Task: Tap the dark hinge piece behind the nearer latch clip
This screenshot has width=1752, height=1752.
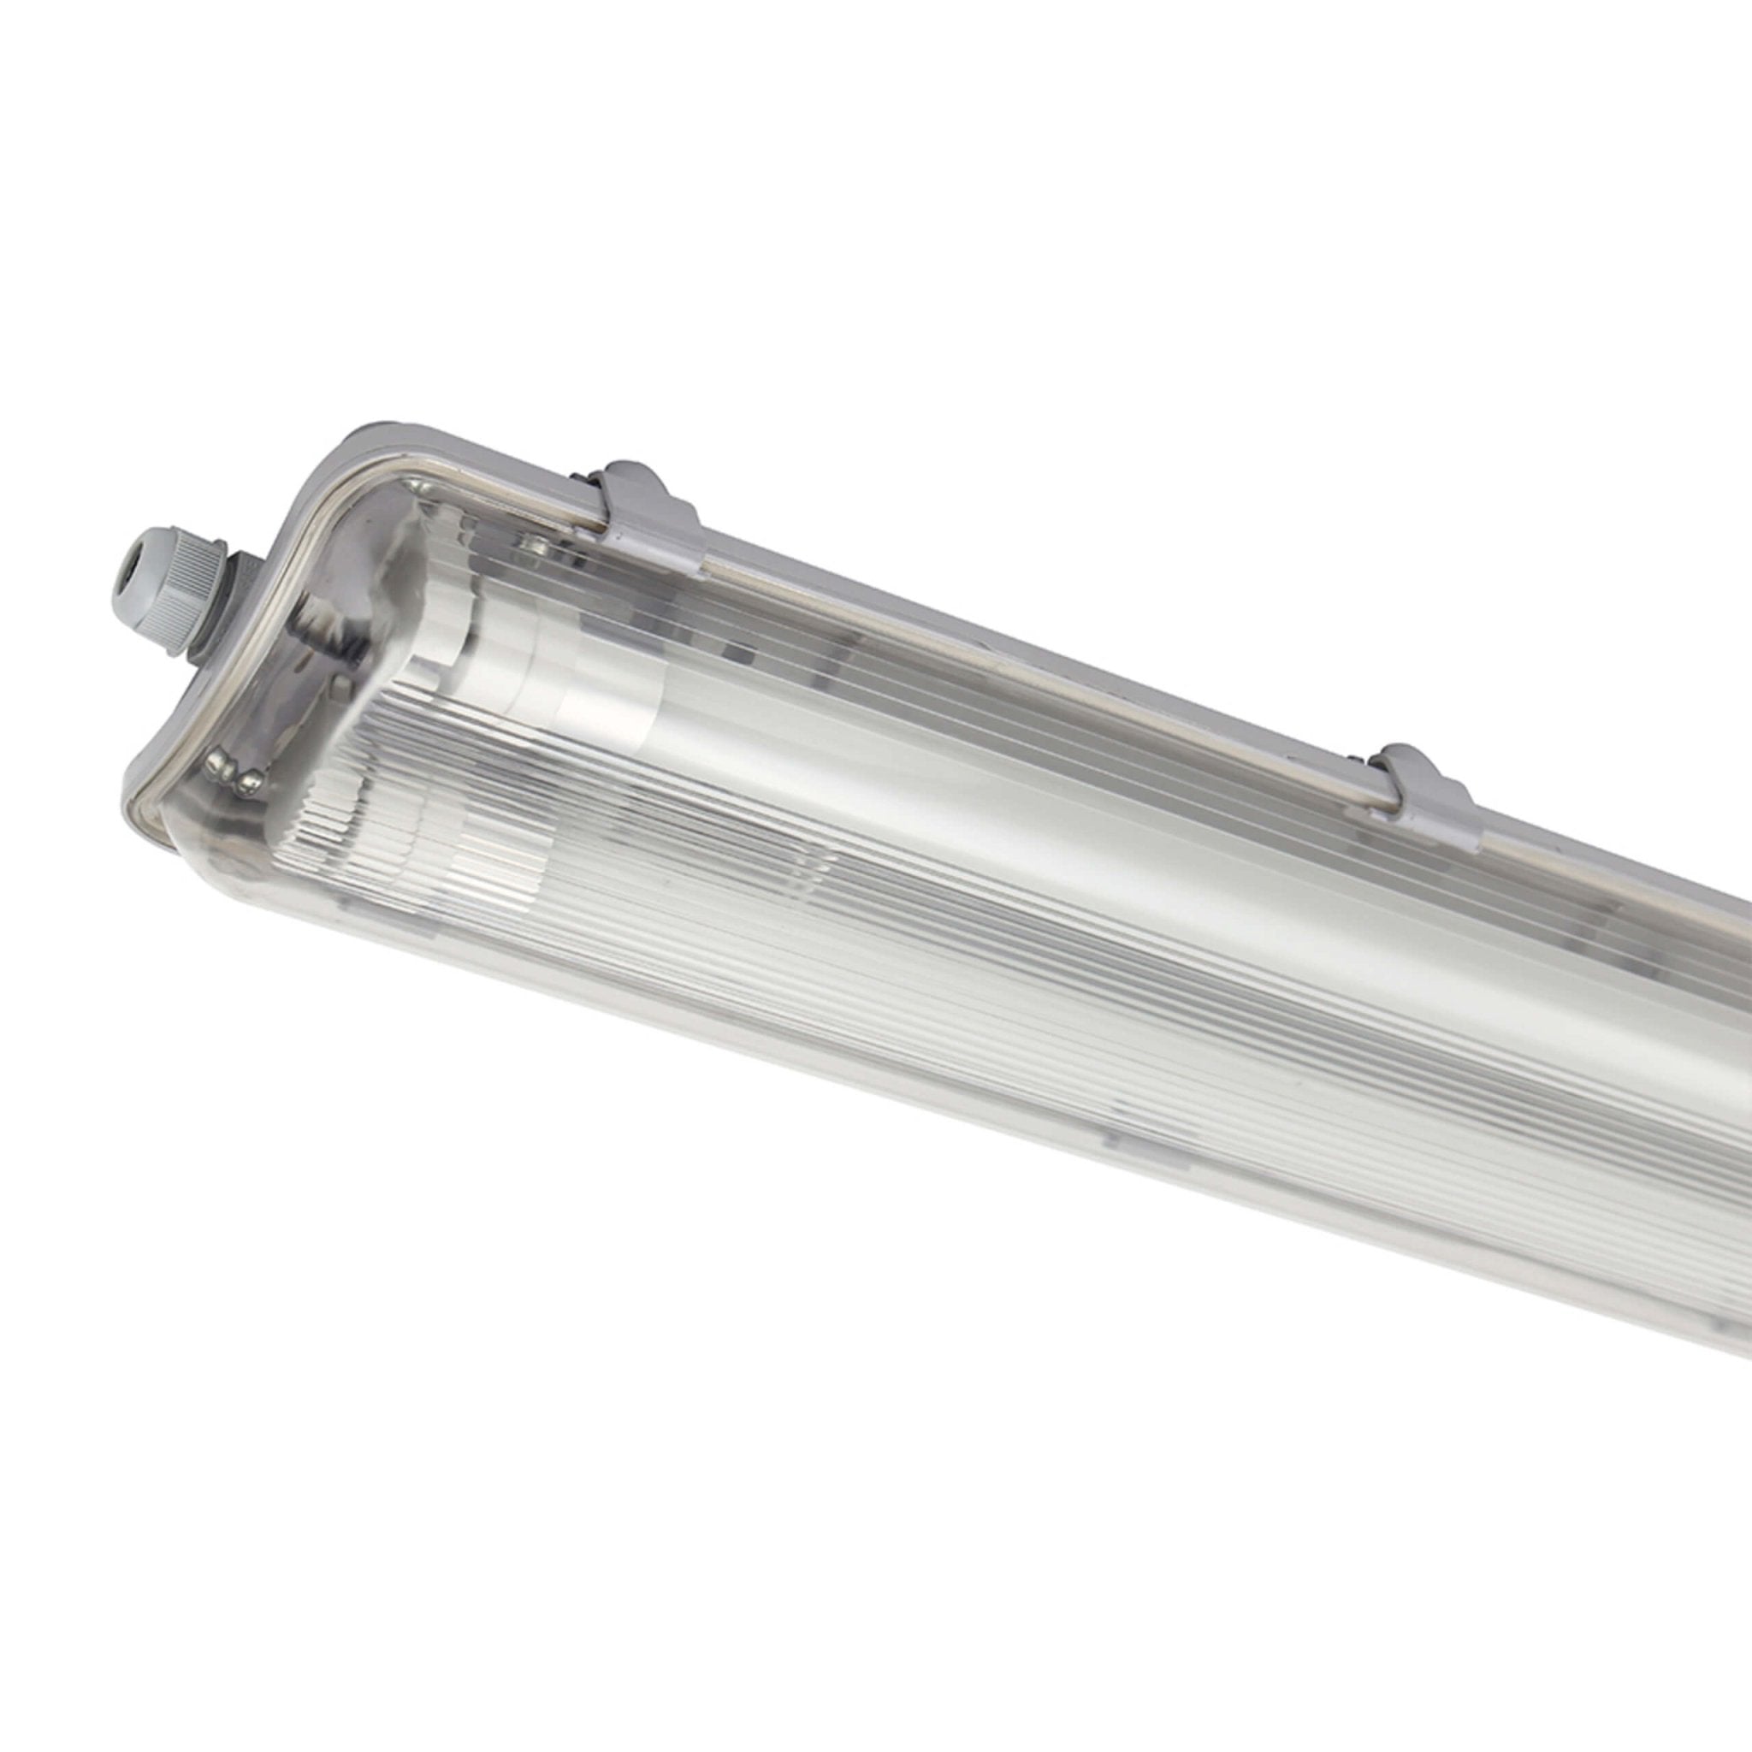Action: [x=580, y=481]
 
